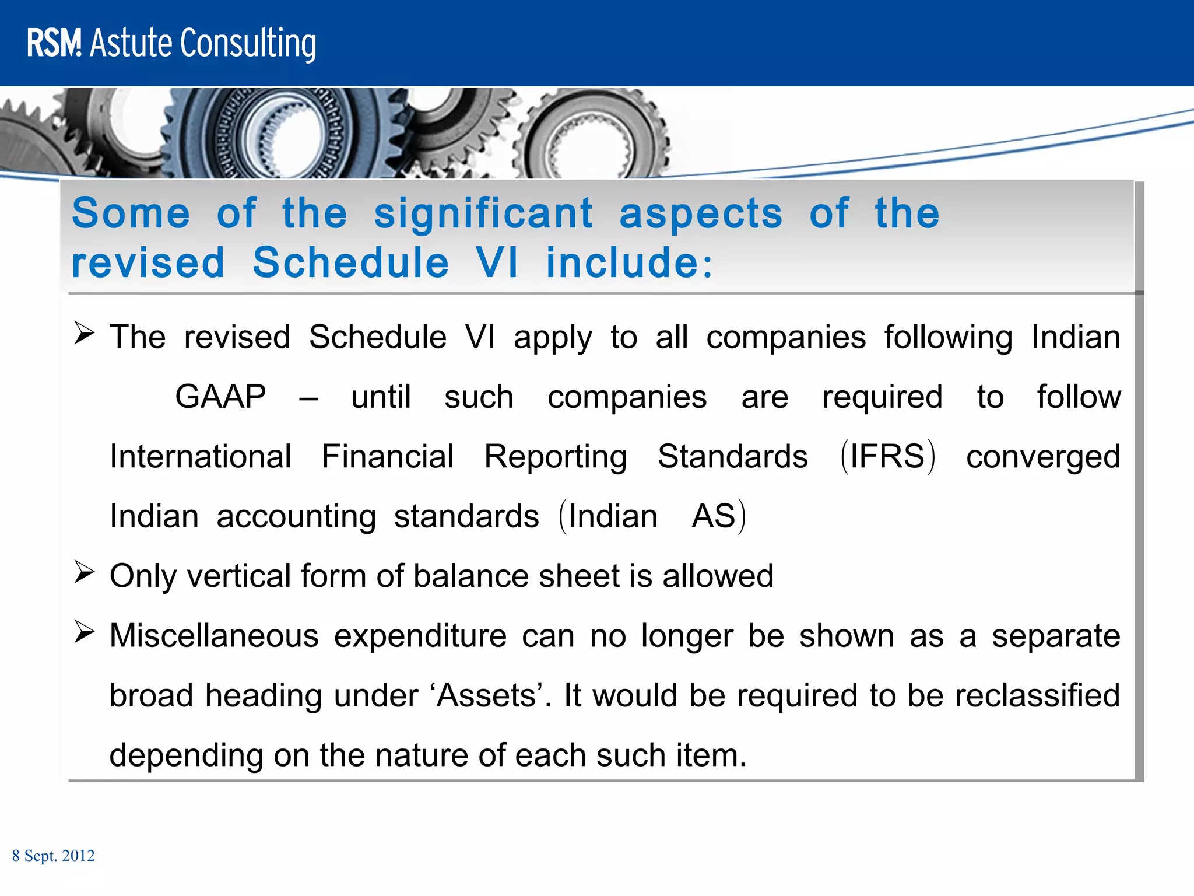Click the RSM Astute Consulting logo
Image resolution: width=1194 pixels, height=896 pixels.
[171, 43]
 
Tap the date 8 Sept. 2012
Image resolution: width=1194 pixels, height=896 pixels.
[53, 856]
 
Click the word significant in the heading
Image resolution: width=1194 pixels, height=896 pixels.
[483, 213]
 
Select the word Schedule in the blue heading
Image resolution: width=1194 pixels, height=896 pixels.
[350, 263]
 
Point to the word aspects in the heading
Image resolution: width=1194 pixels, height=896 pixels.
[701, 213]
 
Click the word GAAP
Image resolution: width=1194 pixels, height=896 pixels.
[220, 397]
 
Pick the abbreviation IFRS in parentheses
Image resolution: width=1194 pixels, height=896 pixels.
[887, 456]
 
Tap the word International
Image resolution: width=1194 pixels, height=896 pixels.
[201, 456]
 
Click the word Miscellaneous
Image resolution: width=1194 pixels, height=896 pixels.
[214, 635]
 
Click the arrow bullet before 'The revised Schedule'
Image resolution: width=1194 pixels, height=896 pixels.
[84, 334]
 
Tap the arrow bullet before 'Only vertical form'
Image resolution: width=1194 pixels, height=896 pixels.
[84, 572]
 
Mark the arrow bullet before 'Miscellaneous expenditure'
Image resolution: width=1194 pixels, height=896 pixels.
[84, 632]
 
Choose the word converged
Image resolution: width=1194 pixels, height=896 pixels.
[1043, 456]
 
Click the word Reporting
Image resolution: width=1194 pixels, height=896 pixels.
[556, 456]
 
